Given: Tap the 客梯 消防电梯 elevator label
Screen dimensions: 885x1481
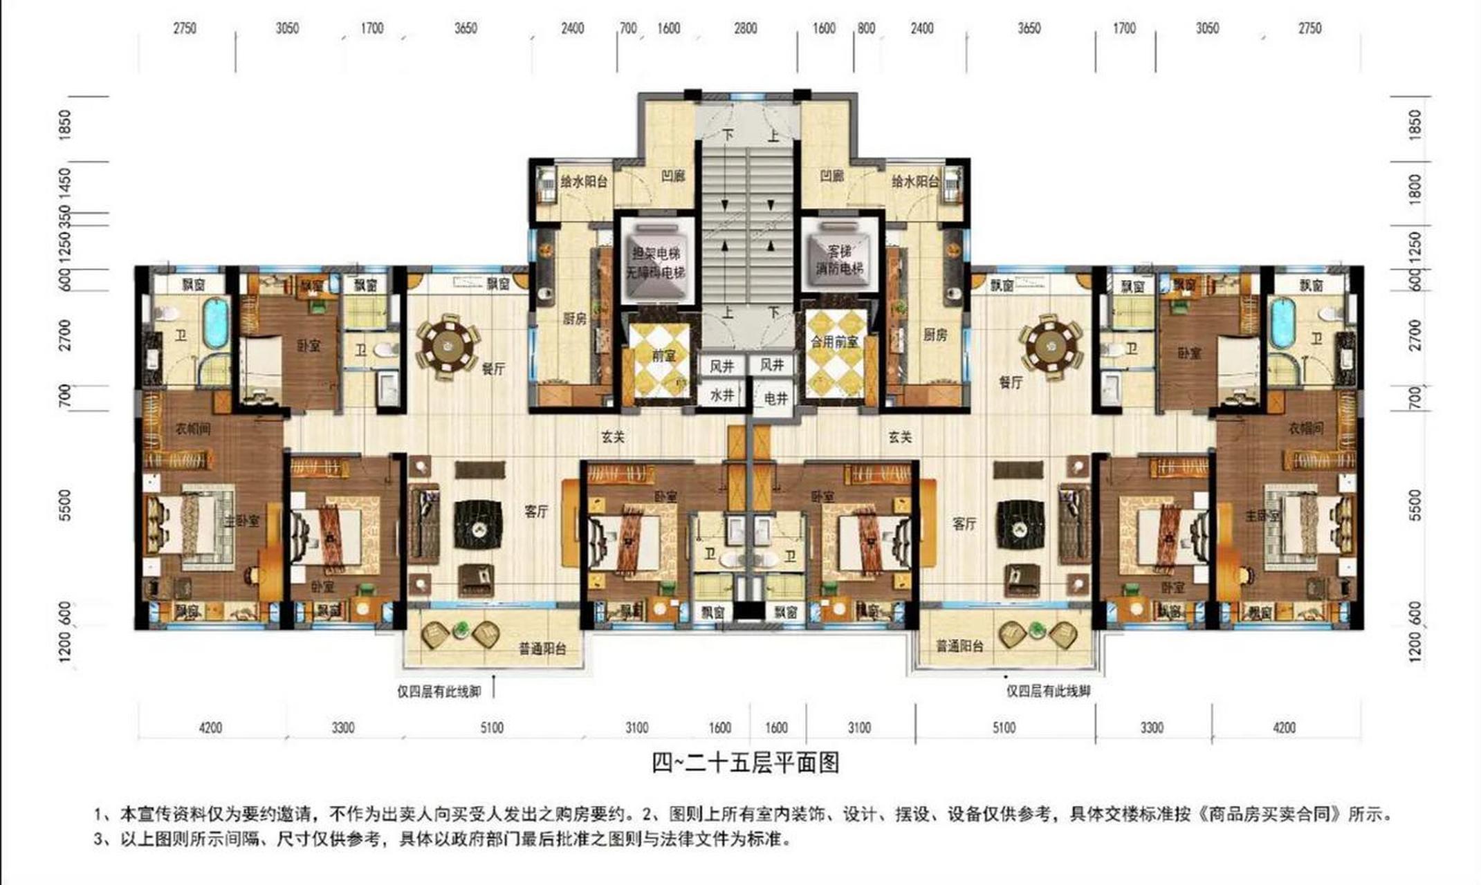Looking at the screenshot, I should click(839, 259).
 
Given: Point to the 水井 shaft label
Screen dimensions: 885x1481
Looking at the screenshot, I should click(721, 395).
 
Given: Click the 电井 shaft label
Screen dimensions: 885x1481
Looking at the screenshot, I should click(775, 398).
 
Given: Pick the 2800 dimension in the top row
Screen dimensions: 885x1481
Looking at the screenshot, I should click(745, 29).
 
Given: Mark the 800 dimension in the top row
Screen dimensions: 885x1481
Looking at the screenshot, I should click(866, 29).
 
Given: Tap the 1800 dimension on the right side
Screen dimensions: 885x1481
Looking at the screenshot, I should click(1415, 189).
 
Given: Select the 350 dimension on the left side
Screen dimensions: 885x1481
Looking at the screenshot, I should click(65, 214).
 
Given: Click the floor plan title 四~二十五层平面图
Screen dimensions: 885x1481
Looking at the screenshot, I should click(746, 763).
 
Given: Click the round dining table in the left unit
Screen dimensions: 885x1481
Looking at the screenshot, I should click(448, 344).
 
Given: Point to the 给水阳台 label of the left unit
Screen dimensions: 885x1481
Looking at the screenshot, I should click(584, 182).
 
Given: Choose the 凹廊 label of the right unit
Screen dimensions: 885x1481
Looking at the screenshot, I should click(831, 176).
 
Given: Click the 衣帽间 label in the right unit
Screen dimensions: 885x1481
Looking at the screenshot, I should click(1305, 429).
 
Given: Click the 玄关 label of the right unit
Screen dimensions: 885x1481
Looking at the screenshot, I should click(900, 437).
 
